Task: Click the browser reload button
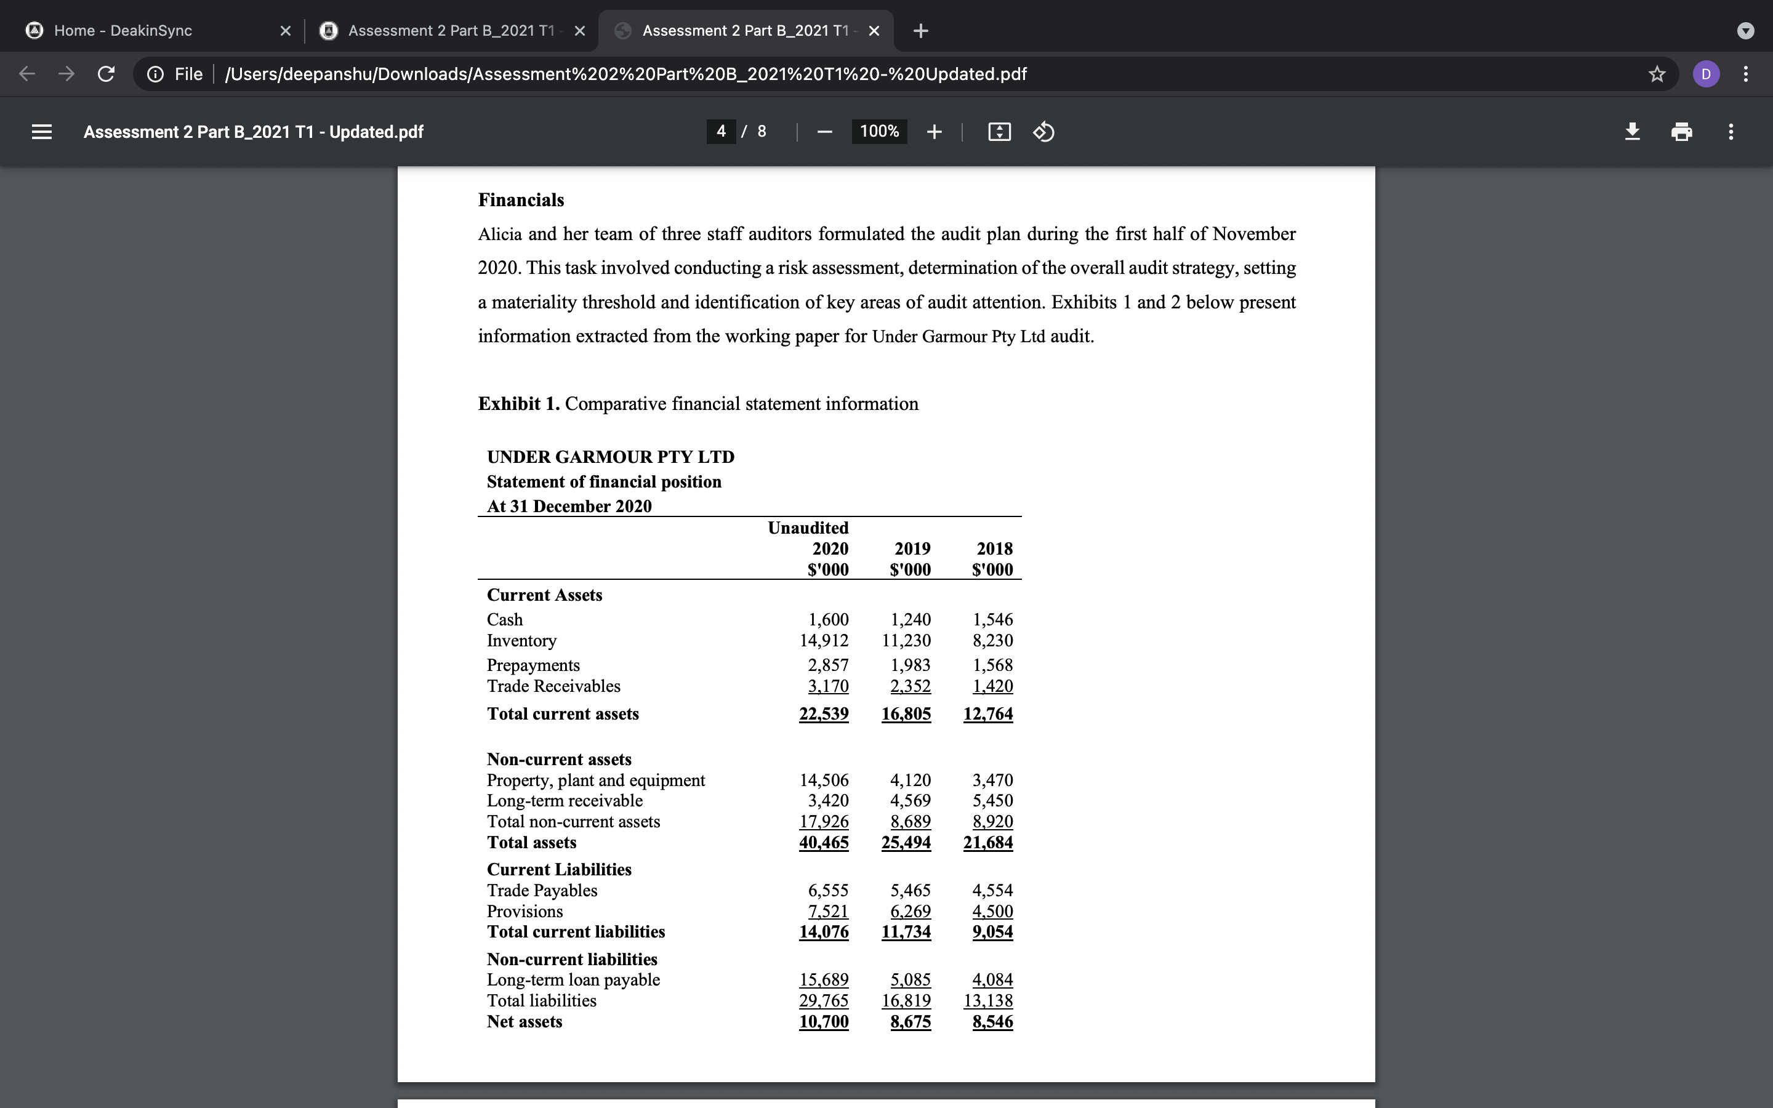[107, 74]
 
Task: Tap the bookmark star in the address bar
[1657, 74]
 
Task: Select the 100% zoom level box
[878, 132]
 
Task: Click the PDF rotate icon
[1043, 132]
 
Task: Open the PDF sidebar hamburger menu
[42, 132]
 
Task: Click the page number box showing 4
[721, 132]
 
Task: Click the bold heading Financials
[521, 200]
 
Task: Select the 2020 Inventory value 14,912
[824, 640]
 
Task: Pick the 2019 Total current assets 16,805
[906, 714]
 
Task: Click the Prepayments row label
[533, 665]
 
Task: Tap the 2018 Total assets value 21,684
[987, 843]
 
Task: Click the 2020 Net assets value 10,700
[824, 1022]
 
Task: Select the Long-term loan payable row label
[573, 980]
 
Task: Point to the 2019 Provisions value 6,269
[910, 912]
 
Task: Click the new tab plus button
[921, 31]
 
